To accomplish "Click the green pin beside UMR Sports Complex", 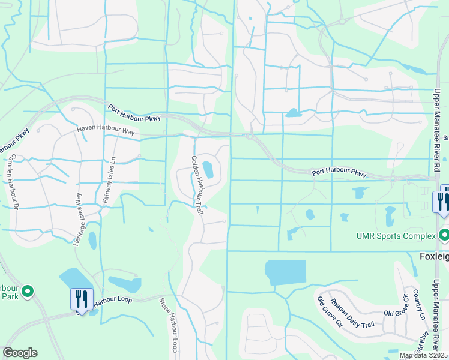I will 444,235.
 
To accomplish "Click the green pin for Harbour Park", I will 27,292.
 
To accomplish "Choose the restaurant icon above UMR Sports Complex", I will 442,201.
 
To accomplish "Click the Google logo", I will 20,353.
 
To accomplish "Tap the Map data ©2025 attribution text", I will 424,355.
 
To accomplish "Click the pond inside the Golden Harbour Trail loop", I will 208,170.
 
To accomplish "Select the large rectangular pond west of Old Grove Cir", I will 285,273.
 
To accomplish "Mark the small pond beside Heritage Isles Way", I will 92,240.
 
